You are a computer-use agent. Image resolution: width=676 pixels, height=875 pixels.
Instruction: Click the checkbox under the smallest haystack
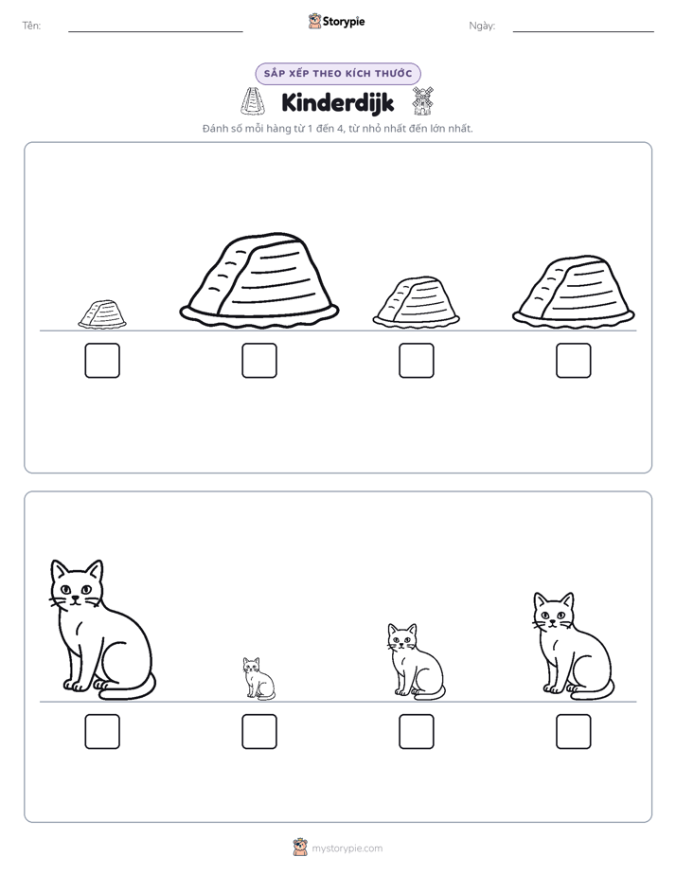pos(102,361)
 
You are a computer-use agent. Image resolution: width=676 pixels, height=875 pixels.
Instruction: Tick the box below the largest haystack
pos(259,361)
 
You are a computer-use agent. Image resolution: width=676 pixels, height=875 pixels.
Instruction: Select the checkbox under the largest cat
pos(102,732)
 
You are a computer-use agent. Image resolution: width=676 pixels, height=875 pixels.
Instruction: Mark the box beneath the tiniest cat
pos(259,732)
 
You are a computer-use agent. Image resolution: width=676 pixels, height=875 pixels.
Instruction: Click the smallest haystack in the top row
pos(102,314)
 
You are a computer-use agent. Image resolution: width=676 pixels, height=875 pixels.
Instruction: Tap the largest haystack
pos(259,280)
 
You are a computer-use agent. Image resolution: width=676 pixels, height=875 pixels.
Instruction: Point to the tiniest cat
pos(258,678)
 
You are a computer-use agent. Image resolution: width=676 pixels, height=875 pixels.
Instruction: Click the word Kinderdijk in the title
pos(338,102)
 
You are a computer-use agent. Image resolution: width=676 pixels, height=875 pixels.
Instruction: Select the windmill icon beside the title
pos(422,101)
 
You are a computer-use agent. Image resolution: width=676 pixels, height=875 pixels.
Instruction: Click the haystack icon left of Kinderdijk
pos(253,101)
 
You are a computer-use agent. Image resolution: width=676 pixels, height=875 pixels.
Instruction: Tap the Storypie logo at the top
pos(337,21)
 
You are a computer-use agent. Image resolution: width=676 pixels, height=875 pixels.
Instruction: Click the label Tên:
pos(31,26)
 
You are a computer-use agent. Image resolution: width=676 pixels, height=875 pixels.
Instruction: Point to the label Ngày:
pos(482,26)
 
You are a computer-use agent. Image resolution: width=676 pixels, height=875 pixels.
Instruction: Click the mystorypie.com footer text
pos(347,848)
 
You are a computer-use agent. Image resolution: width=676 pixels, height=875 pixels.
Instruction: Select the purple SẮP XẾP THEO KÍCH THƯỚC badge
pos(338,74)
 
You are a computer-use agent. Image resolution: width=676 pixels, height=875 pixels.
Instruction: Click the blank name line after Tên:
pos(155,31)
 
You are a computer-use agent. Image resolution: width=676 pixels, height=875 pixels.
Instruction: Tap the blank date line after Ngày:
pos(583,31)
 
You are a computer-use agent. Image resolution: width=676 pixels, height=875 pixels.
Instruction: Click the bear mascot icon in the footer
pos(300,848)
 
